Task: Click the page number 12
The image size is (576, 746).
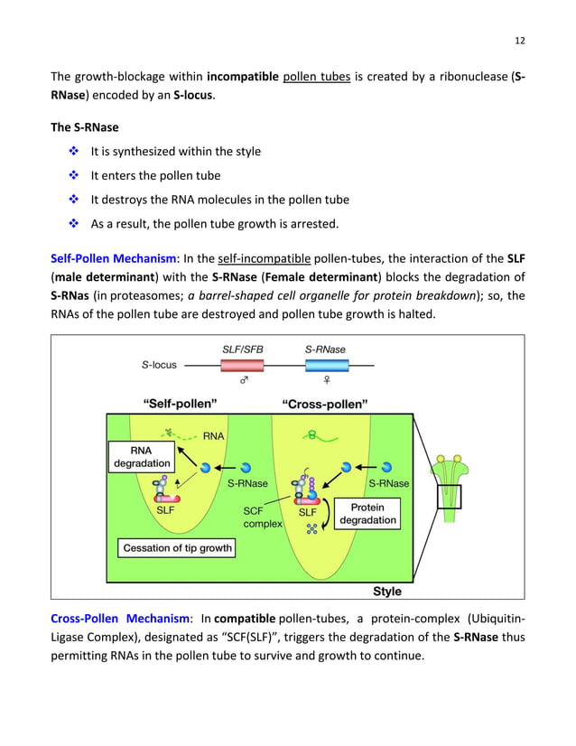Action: (519, 41)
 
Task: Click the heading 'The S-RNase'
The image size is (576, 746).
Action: (84, 127)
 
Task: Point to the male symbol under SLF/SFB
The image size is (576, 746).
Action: (243, 382)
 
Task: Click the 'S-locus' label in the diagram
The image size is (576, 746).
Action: (159, 366)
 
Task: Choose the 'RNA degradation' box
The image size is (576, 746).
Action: (141, 457)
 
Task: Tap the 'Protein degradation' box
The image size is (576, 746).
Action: (367, 514)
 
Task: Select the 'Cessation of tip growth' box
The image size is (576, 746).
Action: (177, 547)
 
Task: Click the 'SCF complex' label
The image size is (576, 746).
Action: (263, 517)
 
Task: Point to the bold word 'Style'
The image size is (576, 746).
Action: (387, 592)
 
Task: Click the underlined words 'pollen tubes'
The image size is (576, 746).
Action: (316, 78)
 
